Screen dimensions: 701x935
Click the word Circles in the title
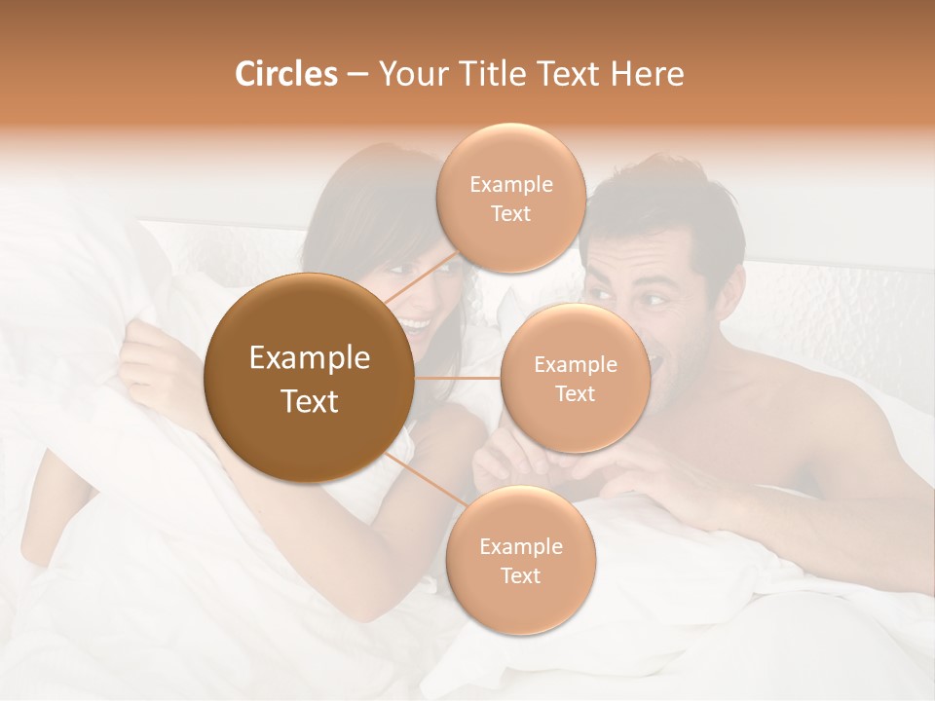point(285,74)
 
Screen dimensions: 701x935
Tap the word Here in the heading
point(647,74)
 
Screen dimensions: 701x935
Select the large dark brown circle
point(309,379)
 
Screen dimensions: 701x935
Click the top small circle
point(511,199)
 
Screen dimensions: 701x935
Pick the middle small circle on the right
point(575,379)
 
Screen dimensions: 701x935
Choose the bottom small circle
point(520,561)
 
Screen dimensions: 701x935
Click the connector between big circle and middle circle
point(457,378)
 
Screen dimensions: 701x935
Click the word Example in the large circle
point(309,358)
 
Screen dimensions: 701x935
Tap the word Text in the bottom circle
point(520,575)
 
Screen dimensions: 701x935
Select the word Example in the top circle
point(511,185)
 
